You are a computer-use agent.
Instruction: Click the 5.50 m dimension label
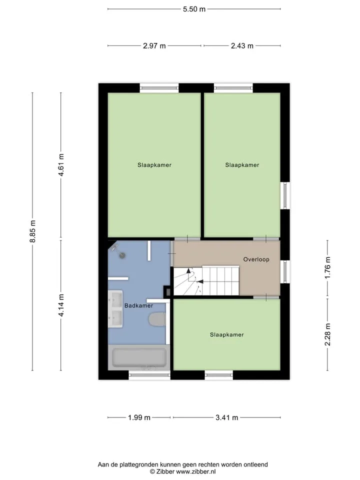(x=194, y=9)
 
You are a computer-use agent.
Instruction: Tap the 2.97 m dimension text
(x=154, y=46)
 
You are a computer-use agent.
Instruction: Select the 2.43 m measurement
(x=242, y=46)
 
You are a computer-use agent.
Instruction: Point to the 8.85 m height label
(x=33, y=231)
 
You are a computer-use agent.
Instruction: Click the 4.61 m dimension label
(x=61, y=164)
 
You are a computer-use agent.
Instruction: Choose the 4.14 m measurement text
(x=61, y=305)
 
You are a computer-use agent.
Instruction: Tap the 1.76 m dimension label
(x=327, y=267)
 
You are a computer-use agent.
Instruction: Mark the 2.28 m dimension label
(x=327, y=334)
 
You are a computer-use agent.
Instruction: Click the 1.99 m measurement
(x=139, y=417)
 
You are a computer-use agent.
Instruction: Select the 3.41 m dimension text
(x=227, y=417)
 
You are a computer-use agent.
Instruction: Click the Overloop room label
(x=256, y=259)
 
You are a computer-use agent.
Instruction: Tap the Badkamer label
(x=138, y=305)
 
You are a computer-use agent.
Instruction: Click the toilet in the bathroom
(x=157, y=319)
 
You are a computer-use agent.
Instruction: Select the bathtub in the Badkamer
(x=139, y=357)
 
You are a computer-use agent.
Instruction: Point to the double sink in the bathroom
(x=115, y=308)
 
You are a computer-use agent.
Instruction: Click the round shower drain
(x=123, y=255)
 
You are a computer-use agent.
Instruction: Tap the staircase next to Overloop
(x=206, y=281)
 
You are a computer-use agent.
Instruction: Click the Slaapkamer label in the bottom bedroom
(x=227, y=334)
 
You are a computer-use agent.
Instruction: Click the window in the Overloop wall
(x=285, y=271)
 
